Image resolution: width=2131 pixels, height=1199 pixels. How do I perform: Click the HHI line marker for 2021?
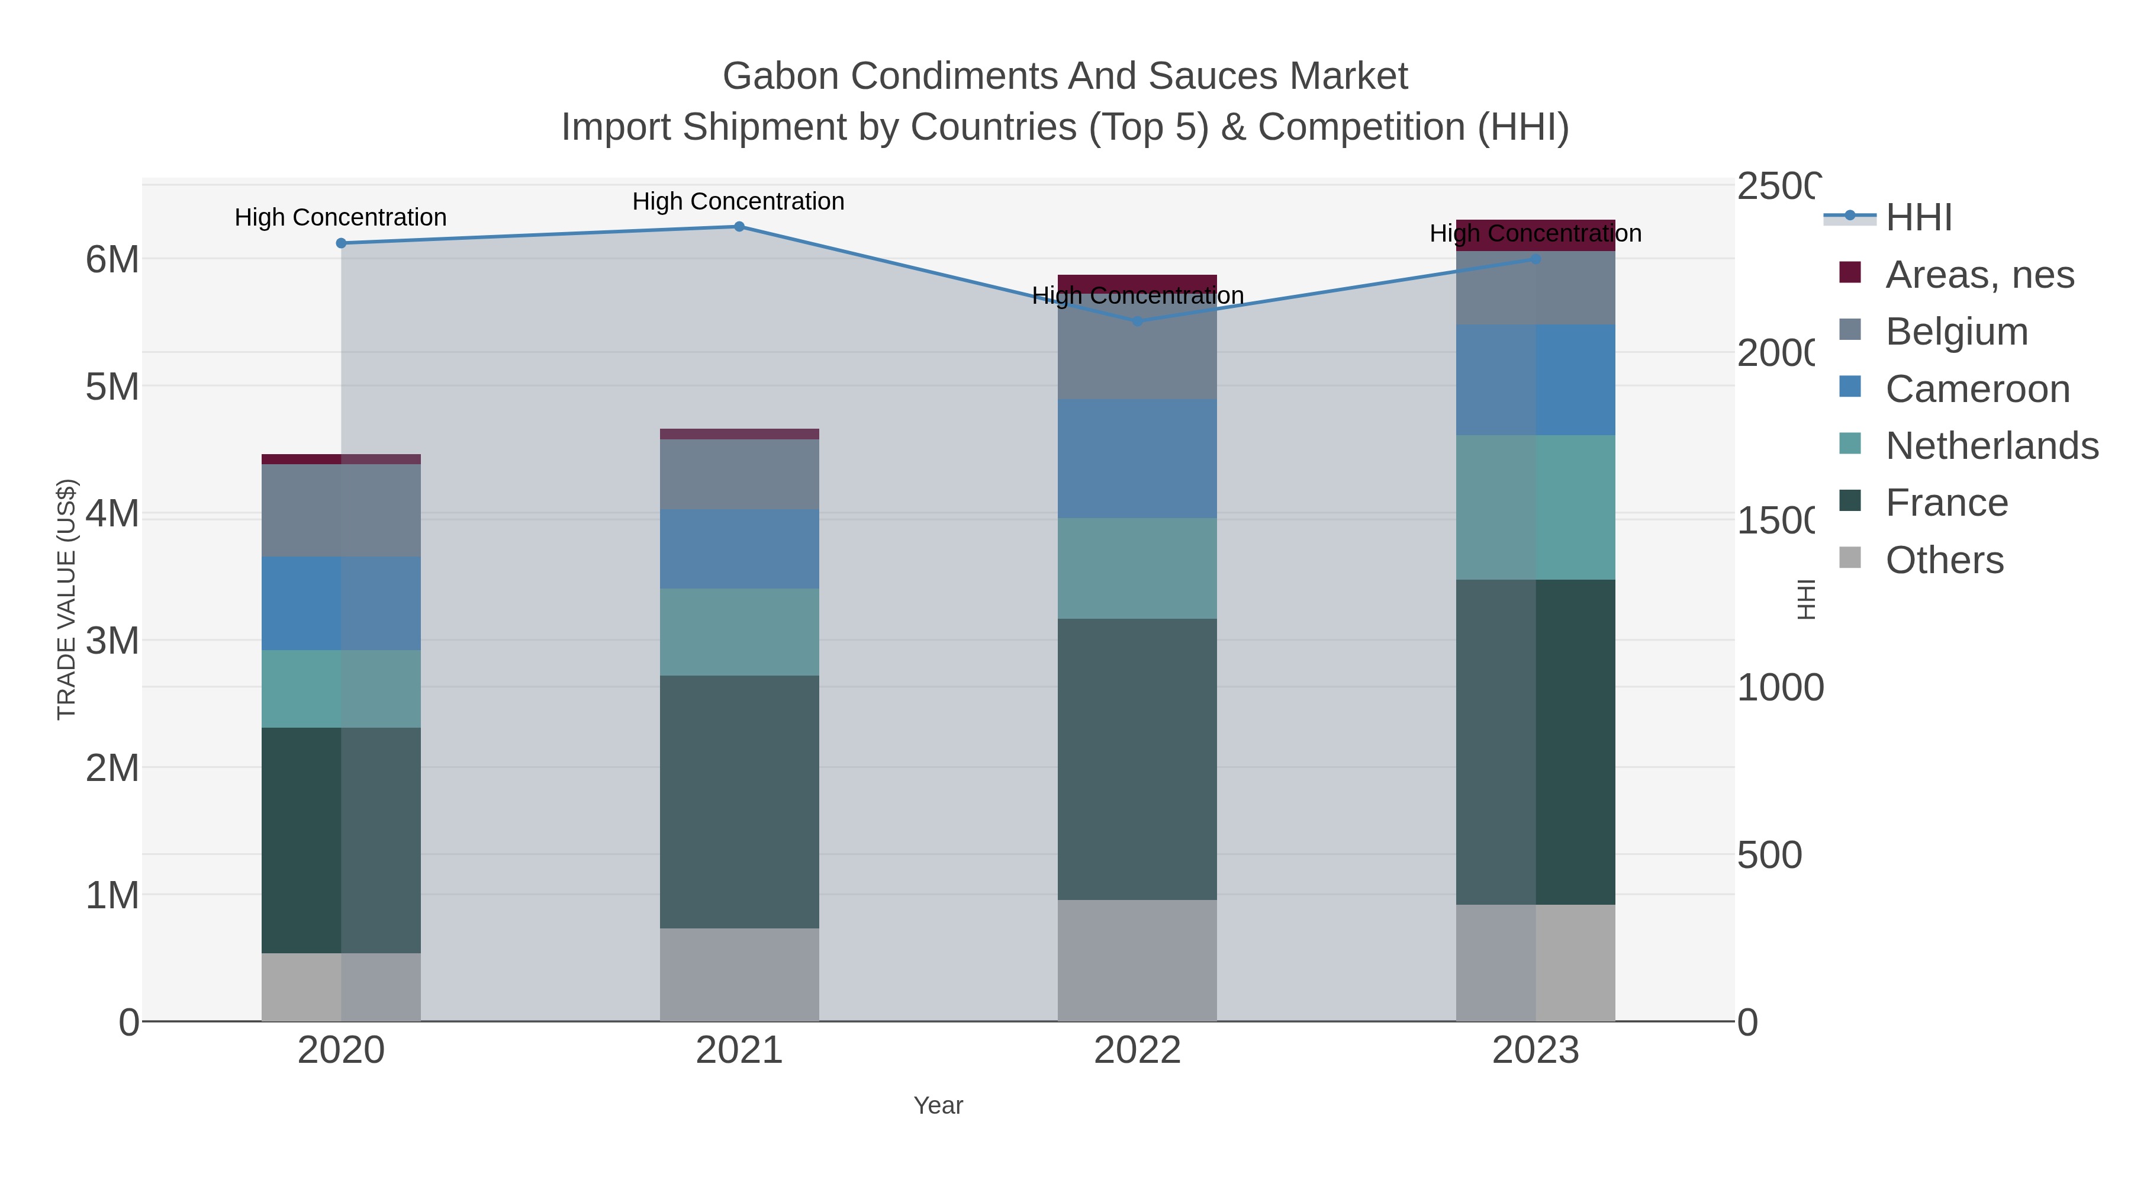pyautogui.click(x=739, y=227)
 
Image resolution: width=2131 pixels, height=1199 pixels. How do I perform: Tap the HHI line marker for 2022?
pyautogui.click(x=1138, y=321)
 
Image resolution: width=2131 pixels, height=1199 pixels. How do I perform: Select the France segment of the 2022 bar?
pyautogui.click(x=1138, y=759)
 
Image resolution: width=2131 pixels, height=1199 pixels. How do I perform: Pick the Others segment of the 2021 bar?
pyautogui.click(x=739, y=974)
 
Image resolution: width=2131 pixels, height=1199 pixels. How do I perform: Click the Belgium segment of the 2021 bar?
pyautogui.click(x=739, y=474)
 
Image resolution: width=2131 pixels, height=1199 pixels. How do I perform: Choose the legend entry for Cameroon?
pyautogui.click(x=1977, y=389)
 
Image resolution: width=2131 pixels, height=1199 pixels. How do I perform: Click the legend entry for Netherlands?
pyautogui.click(x=1991, y=446)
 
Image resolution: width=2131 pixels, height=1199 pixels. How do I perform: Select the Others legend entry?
pyautogui.click(x=1944, y=560)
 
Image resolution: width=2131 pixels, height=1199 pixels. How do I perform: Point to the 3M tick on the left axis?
pyautogui.click(x=112, y=641)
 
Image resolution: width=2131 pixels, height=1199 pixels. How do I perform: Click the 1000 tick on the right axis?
pyautogui.click(x=1779, y=687)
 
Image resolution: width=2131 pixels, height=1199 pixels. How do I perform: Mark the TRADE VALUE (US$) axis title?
pyautogui.click(x=66, y=599)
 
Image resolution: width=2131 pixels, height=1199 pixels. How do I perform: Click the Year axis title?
pyautogui.click(x=938, y=1105)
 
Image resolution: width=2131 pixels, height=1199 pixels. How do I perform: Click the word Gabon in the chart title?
pyautogui.click(x=780, y=76)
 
